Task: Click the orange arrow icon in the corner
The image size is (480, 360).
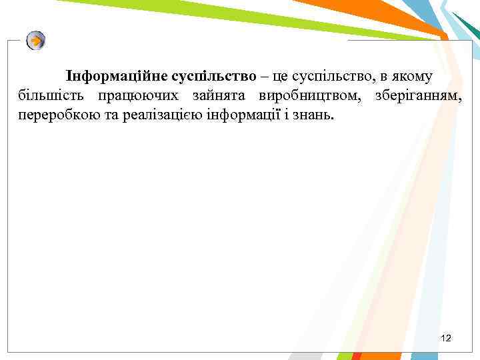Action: pyautogui.click(x=36, y=41)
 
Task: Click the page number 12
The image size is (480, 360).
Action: pyautogui.click(x=446, y=339)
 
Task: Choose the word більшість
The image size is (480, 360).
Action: pyautogui.click(x=49, y=96)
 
